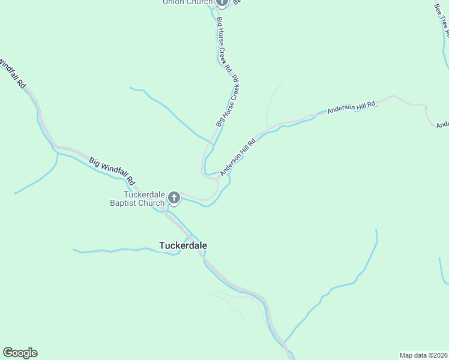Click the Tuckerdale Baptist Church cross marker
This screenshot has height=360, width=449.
(x=174, y=197)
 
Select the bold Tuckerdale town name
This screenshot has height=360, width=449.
(x=183, y=245)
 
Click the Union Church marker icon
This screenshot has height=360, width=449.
(x=221, y=2)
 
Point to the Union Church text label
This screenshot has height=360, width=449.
(x=187, y=2)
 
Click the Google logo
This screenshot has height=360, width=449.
(x=20, y=353)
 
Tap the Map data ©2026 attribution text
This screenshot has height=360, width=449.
(x=424, y=355)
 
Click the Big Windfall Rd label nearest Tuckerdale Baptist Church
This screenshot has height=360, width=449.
(x=112, y=170)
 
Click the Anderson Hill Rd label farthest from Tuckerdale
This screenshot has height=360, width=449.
(x=351, y=108)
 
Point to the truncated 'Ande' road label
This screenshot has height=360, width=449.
(x=442, y=125)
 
